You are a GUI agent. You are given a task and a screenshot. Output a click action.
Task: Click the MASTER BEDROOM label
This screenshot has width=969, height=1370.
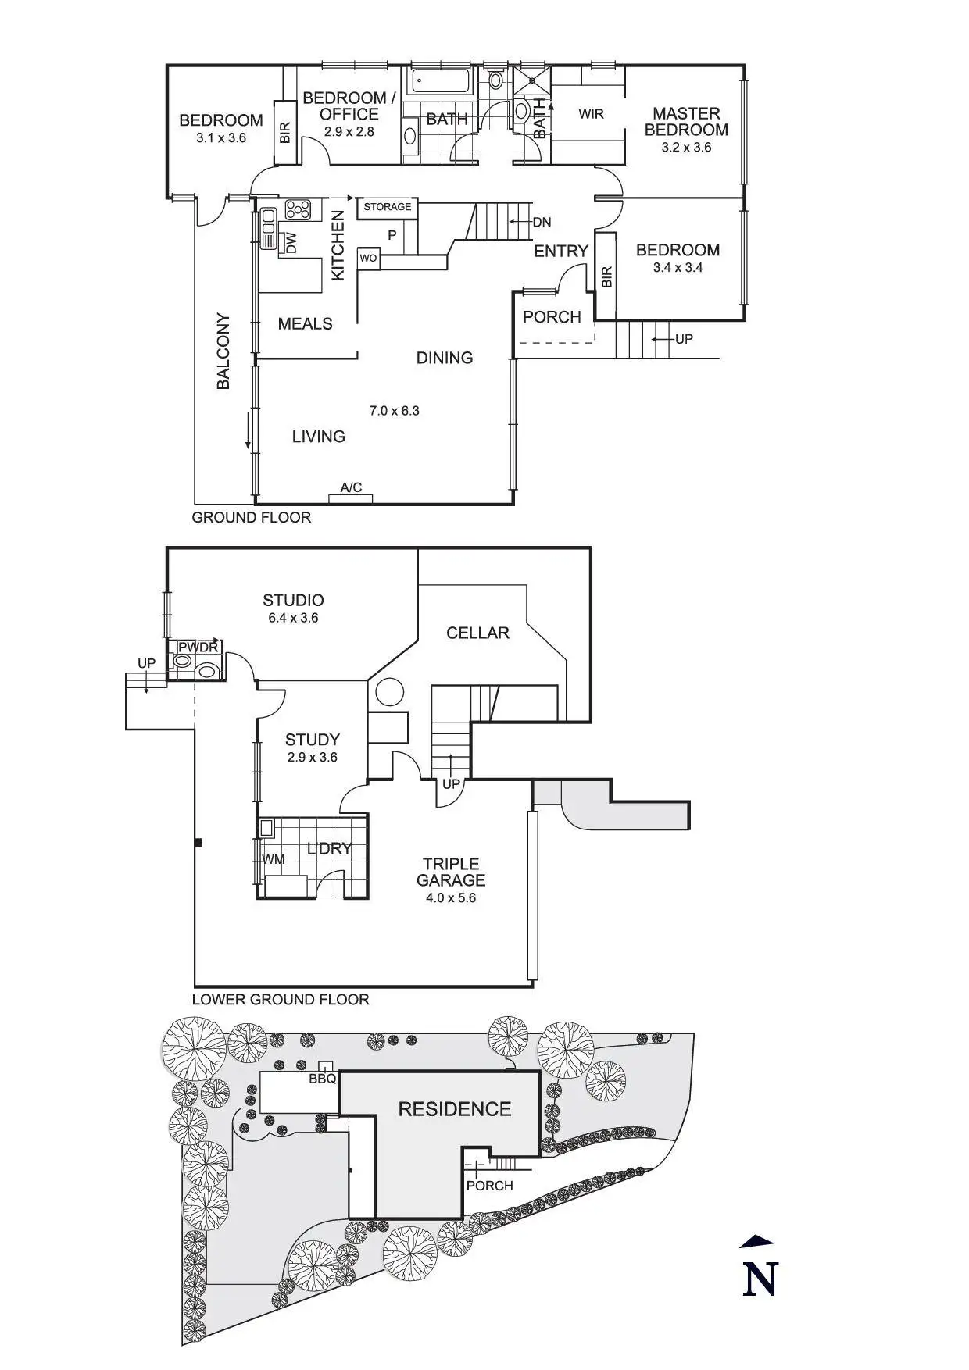686,122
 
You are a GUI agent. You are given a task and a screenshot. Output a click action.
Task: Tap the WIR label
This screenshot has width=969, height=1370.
591,114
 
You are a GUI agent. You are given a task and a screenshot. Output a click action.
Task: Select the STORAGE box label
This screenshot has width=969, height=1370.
388,207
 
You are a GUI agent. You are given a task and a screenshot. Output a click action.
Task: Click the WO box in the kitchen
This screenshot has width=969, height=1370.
369,258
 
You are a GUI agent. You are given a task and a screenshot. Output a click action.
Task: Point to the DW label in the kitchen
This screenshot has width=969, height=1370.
291,243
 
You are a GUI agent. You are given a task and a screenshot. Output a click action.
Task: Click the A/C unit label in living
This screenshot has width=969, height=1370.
351,488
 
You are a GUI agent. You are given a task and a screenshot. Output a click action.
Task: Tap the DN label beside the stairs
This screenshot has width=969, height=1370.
542,223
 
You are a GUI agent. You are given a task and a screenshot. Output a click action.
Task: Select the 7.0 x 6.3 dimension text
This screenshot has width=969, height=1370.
395,411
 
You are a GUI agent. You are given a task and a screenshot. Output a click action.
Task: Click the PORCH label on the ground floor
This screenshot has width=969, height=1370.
552,317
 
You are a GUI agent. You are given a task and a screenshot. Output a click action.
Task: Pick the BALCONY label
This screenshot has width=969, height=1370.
223,351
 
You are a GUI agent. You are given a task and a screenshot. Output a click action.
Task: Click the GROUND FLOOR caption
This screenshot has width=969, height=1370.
252,518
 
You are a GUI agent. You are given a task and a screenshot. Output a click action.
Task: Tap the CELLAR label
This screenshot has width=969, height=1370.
477,633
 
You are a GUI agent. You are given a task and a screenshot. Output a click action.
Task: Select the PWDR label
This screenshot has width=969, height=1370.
198,648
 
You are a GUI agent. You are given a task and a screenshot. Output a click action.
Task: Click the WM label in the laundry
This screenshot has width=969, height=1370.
274,859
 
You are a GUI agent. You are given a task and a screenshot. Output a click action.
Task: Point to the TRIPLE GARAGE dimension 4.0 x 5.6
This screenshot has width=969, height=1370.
451,898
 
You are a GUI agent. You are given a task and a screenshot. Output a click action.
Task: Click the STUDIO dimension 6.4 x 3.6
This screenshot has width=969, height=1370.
293,618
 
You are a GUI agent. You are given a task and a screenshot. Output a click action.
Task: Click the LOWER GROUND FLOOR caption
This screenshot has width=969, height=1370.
281,1000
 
